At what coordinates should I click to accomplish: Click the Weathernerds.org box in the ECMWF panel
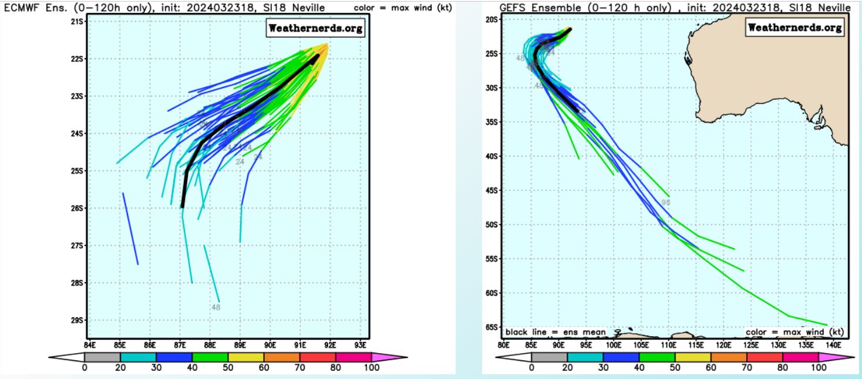click(315, 28)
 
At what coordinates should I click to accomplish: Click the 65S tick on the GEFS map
click(491, 327)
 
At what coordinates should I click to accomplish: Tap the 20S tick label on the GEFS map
click(491, 19)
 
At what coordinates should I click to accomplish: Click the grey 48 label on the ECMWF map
click(215, 307)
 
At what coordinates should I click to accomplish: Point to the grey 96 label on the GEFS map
click(666, 202)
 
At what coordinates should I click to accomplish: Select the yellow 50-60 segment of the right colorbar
click(693, 356)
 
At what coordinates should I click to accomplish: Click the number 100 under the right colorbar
click(818, 368)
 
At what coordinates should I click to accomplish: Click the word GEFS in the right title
click(511, 7)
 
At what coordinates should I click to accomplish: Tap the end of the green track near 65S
click(827, 324)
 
